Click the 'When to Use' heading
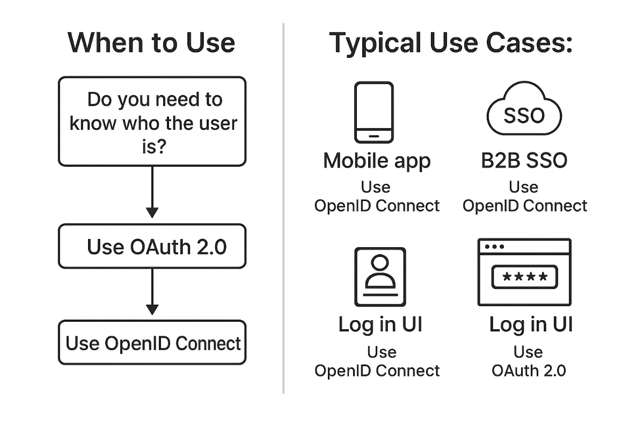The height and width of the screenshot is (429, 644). [x=151, y=42]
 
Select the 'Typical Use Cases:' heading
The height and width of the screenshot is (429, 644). [x=451, y=42]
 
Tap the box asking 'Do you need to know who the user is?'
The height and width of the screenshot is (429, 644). [x=152, y=122]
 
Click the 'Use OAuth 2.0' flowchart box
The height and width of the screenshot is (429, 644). [x=152, y=247]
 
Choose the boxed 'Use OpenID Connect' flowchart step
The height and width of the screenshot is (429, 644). [x=152, y=343]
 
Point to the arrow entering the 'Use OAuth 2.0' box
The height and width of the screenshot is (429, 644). [x=152, y=193]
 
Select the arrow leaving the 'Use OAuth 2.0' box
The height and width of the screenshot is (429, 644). [x=152, y=292]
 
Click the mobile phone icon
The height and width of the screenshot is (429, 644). [x=374, y=112]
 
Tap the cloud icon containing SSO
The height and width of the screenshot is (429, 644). [x=523, y=110]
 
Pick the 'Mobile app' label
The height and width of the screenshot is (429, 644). [x=377, y=160]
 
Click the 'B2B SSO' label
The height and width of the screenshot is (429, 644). [x=524, y=160]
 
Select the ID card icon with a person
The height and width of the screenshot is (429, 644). [x=380, y=276]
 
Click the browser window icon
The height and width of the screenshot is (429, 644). [x=524, y=272]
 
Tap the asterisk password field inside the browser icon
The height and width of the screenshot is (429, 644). [x=524, y=277]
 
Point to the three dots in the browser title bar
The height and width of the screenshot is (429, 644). [x=494, y=247]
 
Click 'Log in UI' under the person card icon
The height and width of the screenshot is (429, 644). [x=380, y=324]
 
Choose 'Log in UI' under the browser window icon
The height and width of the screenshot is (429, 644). [x=531, y=324]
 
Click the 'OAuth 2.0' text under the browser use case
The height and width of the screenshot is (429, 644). [x=529, y=371]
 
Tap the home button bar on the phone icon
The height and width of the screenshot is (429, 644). [x=374, y=136]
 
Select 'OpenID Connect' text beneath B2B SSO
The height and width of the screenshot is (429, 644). [x=525, y=206]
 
